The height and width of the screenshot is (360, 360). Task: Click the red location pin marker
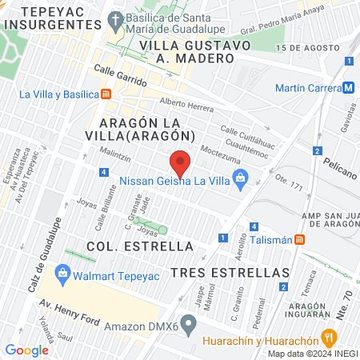tap(181, 163)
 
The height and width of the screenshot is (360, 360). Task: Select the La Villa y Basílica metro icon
tap(106, 94)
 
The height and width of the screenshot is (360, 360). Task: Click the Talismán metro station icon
tap(300, 238)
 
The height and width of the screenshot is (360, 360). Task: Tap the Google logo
tap(26, 350)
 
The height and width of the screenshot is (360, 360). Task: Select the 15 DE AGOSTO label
tap(302, 49)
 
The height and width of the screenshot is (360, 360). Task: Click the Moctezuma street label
tap(221, 151)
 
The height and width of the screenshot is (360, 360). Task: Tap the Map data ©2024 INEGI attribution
tap(312, 354)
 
